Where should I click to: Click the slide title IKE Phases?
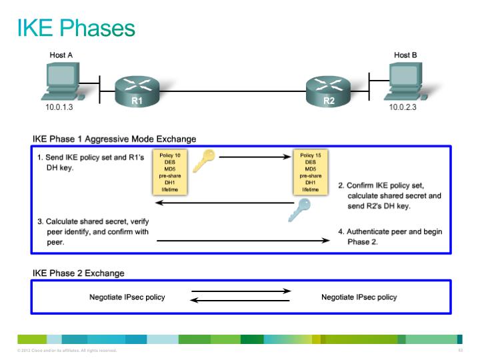pyautogui.click(x=76, y=28)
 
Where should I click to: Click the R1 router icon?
pyautogui.click(x=137, y=90)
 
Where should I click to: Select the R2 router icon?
pyautogui.click(x=329, y=90)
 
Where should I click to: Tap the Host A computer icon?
pyautogui.click(x=62, y=81)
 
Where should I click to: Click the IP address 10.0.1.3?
pyautogui.click(x=59, y=107)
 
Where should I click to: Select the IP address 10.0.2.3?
pyautogui.click(x=403, y=107)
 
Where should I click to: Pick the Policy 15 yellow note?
pyautogui.click(x=310, y=172)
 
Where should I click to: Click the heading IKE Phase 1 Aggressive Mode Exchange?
pyautogui.click(x=115, y=139)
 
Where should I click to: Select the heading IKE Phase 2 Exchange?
pyautogui.click(x=79, y=273)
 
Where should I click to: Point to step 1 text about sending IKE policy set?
pyautogui.click(x=90, y=163)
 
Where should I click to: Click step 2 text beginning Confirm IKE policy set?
pyautogui.click(x=390, y=196)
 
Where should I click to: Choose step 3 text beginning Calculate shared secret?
pyautogui.click(x=92, y=232)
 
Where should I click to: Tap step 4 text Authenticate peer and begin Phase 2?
pyautogui.click(x=390, y=237)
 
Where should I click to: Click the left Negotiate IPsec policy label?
pyautogui.click(x=127, y=297)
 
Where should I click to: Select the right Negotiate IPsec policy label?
pyautogui.click(x=359, y=297)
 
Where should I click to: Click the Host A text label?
pyautogui.click(x=61, y=55)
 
